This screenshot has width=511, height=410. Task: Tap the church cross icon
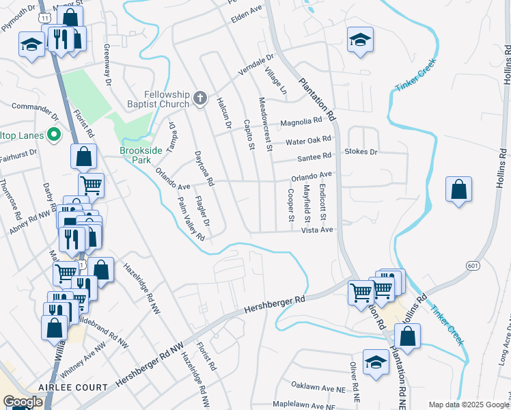coord(200,98)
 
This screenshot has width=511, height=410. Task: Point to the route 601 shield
coord(473,264)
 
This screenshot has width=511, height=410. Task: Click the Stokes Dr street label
coord(361,152)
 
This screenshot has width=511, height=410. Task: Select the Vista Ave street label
coord(317,231)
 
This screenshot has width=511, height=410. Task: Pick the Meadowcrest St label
coord(265,124)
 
